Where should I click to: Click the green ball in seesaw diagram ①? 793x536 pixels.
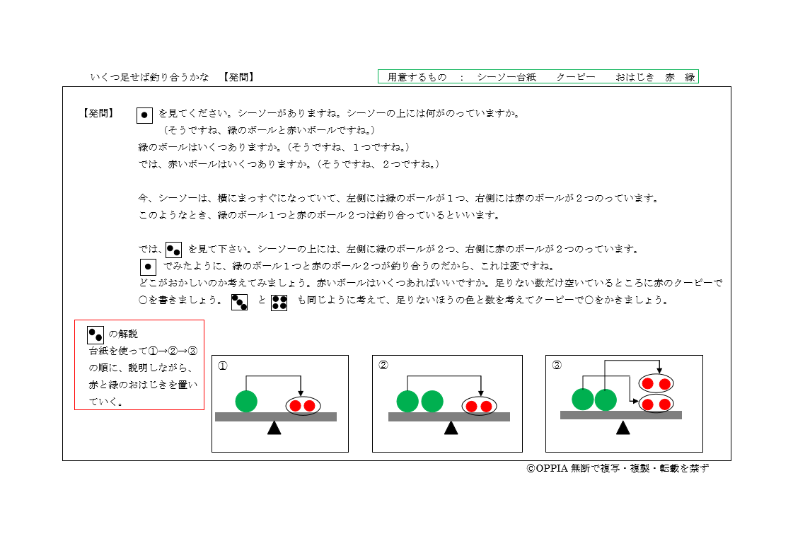click(246, 401)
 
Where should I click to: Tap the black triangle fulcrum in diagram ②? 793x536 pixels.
click(451, 428)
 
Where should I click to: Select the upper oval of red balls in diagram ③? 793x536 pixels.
click(656, 384)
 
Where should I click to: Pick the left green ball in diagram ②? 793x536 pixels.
click(407, 401)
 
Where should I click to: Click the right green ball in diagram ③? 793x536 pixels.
click(606, 400)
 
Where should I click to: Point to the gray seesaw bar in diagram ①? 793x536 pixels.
click(275, 416)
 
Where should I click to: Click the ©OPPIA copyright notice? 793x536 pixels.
click(617, 468)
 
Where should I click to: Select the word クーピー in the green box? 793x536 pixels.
click(575, 77)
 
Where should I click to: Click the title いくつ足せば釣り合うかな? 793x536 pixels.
click(150, 77)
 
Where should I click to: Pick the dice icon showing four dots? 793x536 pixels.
click(279, 303)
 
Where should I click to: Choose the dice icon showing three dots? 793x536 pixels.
click(240, 303)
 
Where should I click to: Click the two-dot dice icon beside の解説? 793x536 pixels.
click(95, 334)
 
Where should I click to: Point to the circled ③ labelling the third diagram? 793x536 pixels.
click(557, 366)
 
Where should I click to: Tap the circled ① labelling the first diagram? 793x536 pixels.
click(223, 366)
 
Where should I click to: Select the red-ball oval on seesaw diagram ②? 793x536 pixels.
click(479, 406)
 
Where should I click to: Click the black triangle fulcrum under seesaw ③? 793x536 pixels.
click(623, 427)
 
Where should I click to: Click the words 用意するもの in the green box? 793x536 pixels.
click(417, 77)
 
